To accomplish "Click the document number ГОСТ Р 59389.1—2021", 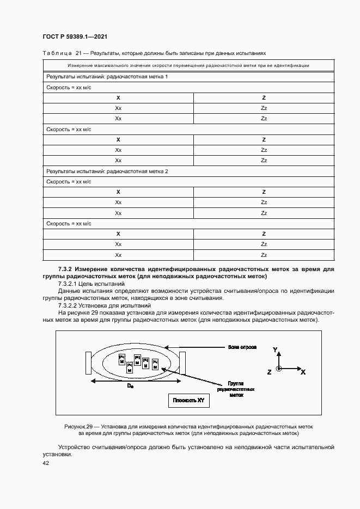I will (x=75, y=36).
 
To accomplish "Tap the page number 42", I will (x=46, y=463).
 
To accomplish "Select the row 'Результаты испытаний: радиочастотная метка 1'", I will (x=107, y=77).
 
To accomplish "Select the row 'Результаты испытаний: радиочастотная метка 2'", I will (x=107, y=171).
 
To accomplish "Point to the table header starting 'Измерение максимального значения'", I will (x=188, y=65).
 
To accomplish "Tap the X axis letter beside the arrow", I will (x=303, y=372).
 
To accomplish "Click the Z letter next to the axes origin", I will (x=269, y=371).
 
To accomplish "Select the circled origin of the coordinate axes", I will (x=279, y=369).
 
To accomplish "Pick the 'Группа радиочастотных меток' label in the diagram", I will (x=235, y=389).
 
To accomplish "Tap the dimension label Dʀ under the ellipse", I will (x=130, y=385).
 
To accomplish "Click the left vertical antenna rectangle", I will (x=88, y=363).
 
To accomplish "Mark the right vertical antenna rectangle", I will (x=182, y=363).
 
